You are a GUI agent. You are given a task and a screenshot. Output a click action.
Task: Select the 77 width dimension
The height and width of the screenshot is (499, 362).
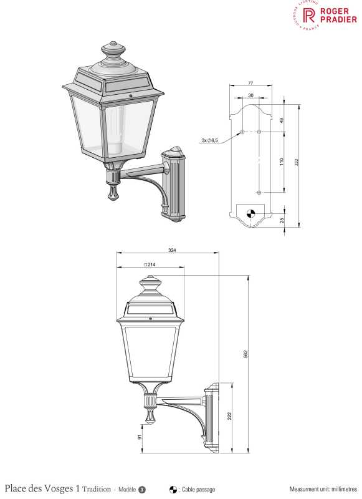(250, 82)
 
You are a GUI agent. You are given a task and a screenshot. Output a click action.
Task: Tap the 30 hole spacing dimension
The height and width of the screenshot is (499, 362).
(250, 95)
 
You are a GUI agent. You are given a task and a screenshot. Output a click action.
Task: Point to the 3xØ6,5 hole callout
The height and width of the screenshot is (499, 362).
(209, 141)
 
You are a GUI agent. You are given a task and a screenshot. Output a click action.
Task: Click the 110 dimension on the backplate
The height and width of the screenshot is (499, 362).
(282, 162)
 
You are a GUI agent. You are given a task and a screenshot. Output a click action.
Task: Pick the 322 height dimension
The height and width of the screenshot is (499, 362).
(297, 162)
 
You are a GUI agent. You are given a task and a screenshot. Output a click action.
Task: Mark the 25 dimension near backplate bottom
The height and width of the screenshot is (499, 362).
(282, 220)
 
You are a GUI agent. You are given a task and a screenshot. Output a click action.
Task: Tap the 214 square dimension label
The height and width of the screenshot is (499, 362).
(150, 264)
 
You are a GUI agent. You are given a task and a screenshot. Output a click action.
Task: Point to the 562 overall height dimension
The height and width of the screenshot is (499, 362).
(245, 354)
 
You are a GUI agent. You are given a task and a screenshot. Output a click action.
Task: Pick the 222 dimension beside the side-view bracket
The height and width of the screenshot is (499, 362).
(229, 417)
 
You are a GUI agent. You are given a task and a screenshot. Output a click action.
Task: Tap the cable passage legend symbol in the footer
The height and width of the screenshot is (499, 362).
(173, 489)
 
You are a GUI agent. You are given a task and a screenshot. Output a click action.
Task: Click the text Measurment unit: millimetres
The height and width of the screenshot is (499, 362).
(323, 489)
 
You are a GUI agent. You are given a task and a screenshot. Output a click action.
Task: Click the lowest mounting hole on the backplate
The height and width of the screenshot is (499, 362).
(259, 193)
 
